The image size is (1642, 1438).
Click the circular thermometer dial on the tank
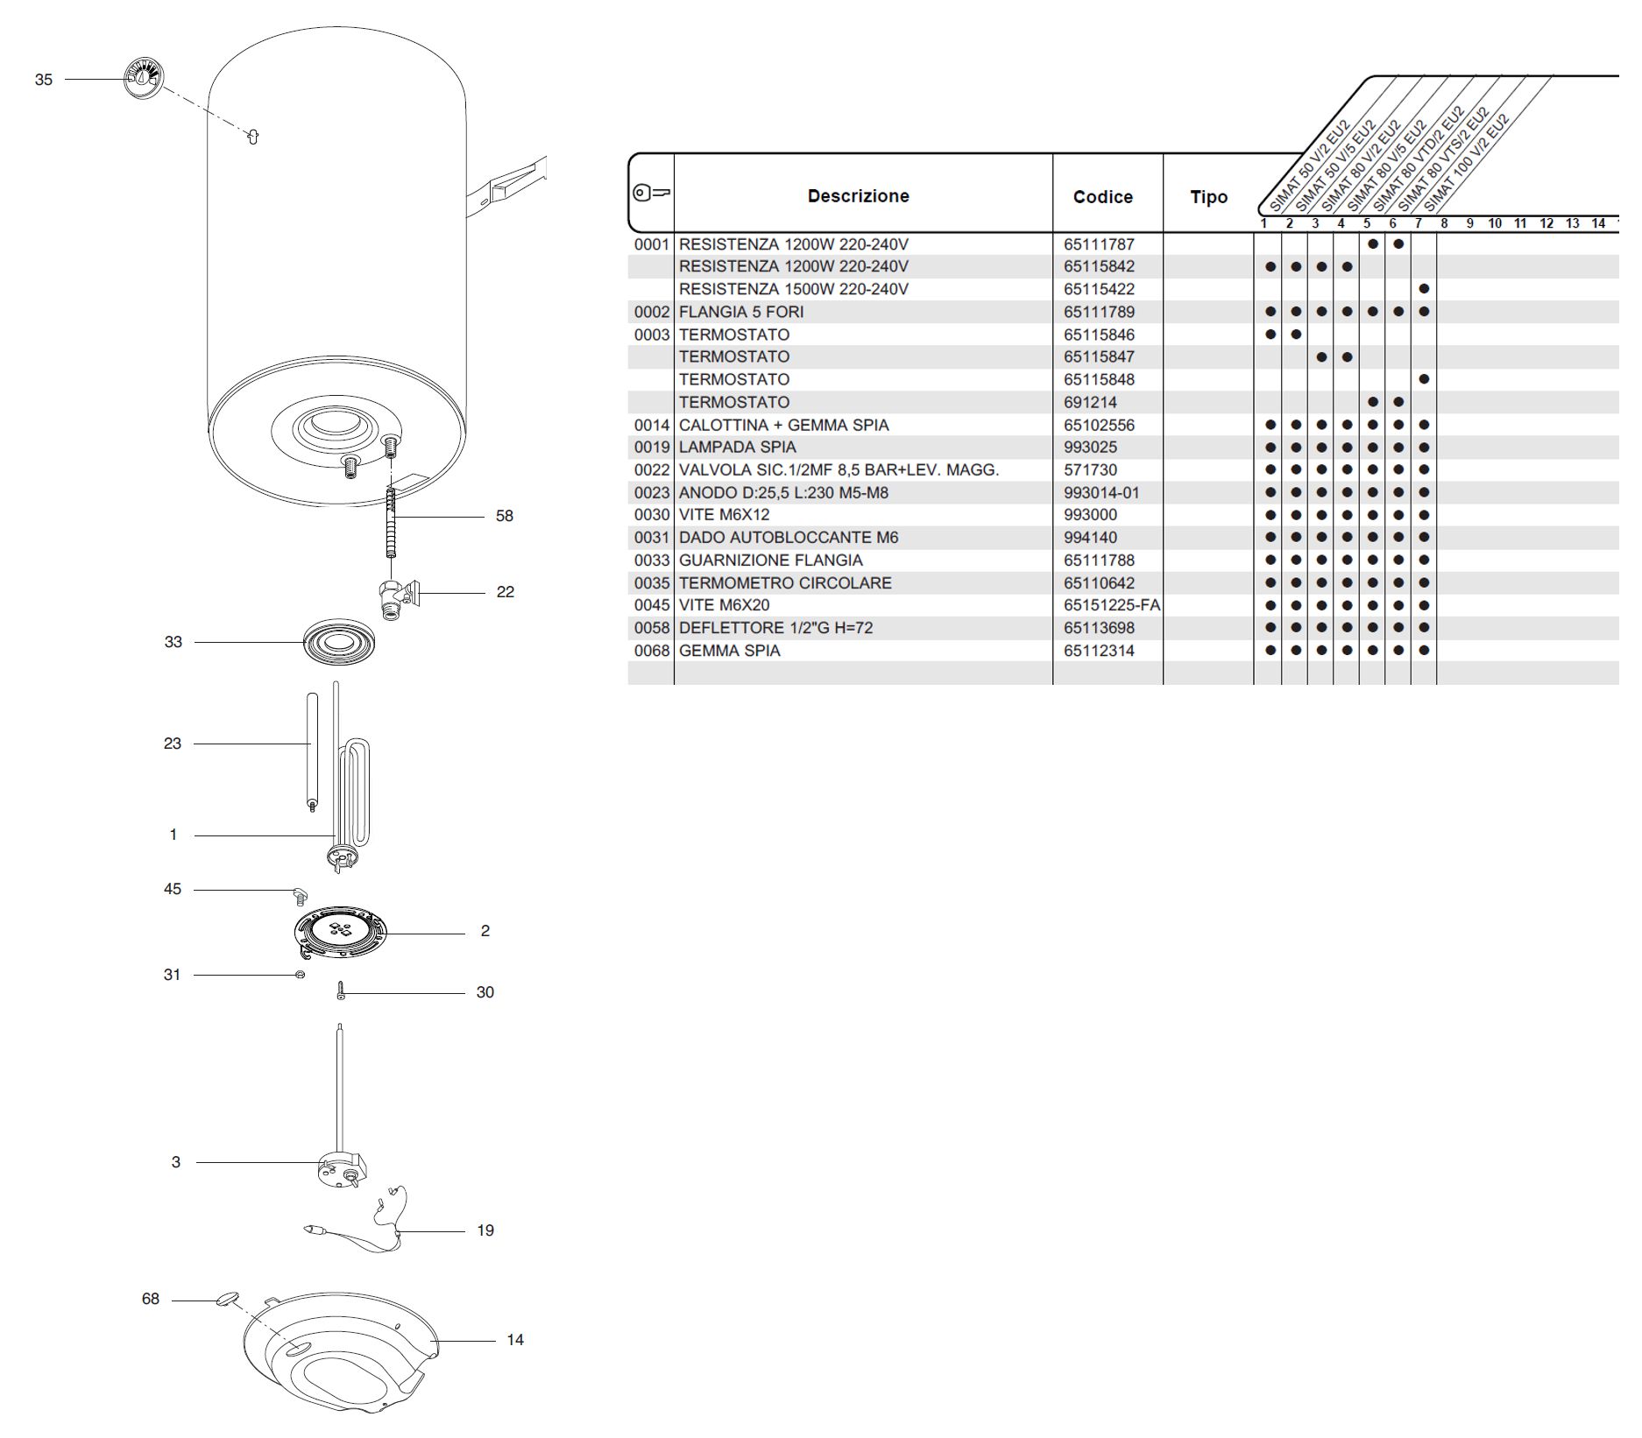coord(144,79)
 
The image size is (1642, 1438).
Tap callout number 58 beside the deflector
coord(504,516)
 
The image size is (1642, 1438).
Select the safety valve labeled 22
coord(396,598)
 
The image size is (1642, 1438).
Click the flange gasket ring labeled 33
coord(339,644)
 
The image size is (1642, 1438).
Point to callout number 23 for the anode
coord(173,744)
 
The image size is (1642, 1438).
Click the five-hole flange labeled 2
coord(340,932)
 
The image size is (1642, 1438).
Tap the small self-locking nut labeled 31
coord(301,975)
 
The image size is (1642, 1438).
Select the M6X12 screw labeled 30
coord(341,992)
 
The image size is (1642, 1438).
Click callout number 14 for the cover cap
coord(515,1340)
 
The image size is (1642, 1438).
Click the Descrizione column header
coord(858,196)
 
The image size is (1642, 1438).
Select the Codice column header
coord(1102,197)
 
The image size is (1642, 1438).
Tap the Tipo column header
coord(1208,197)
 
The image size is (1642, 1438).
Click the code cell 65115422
coord(1099,289)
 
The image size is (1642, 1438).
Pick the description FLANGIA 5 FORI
coord(741,312)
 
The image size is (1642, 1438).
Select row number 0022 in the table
coord(652,470)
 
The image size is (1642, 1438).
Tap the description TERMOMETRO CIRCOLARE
coord(785,583)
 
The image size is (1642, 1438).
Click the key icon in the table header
coord(651,193)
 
